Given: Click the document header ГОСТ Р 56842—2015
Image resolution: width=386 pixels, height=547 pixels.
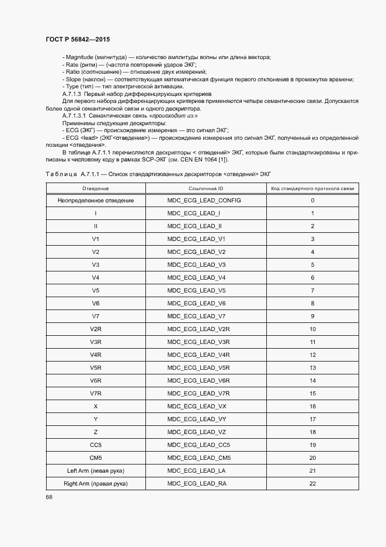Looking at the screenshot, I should (x=77, y=39).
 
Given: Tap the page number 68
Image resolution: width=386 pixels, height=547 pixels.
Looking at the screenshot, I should (x=49, y=497).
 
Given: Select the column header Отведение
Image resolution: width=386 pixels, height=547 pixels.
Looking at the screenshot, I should (x=96, y=188).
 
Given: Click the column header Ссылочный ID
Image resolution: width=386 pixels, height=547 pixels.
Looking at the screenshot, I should (x=206, y=188).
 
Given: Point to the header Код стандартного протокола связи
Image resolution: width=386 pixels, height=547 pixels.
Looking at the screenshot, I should (x=312, y=188).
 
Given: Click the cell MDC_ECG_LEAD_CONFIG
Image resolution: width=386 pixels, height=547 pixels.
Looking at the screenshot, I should (x=204, y=201).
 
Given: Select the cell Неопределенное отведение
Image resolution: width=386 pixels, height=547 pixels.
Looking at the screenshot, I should (x=96, y=201).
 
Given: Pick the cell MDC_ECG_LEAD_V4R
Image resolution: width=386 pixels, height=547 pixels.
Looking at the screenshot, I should (x=199, y=355).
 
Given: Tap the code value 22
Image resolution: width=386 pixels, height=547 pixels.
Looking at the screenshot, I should (x=312, y=484).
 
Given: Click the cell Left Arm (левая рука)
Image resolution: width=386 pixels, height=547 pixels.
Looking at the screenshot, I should (x=96, y=471).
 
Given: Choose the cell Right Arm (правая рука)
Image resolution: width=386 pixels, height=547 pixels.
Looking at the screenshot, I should (x=96, y=484).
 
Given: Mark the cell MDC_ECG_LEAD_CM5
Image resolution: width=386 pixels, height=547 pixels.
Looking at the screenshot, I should (x=199, y=458).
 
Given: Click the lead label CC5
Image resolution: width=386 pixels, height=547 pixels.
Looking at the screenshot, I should (x=96, y=445).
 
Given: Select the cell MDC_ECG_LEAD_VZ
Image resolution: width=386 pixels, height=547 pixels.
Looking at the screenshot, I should (x=196, y=432).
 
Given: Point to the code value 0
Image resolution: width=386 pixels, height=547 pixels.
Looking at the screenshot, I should (x=312, y=201).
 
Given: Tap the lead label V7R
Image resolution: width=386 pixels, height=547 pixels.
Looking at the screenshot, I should (x=96, y=394).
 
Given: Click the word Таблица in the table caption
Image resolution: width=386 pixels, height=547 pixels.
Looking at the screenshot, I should (x=61, y=174).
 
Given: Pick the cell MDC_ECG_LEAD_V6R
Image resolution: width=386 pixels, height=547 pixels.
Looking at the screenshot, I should (x=199, y=381).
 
